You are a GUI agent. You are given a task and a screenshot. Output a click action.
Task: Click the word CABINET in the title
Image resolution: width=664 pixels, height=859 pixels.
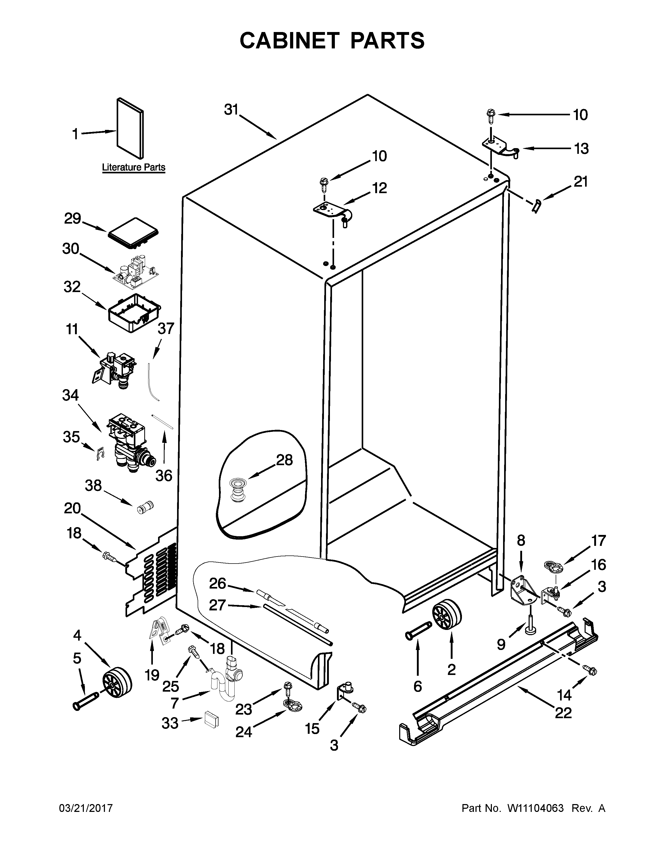289,41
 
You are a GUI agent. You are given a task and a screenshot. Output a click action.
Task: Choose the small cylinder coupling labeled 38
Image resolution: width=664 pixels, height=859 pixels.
145,508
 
